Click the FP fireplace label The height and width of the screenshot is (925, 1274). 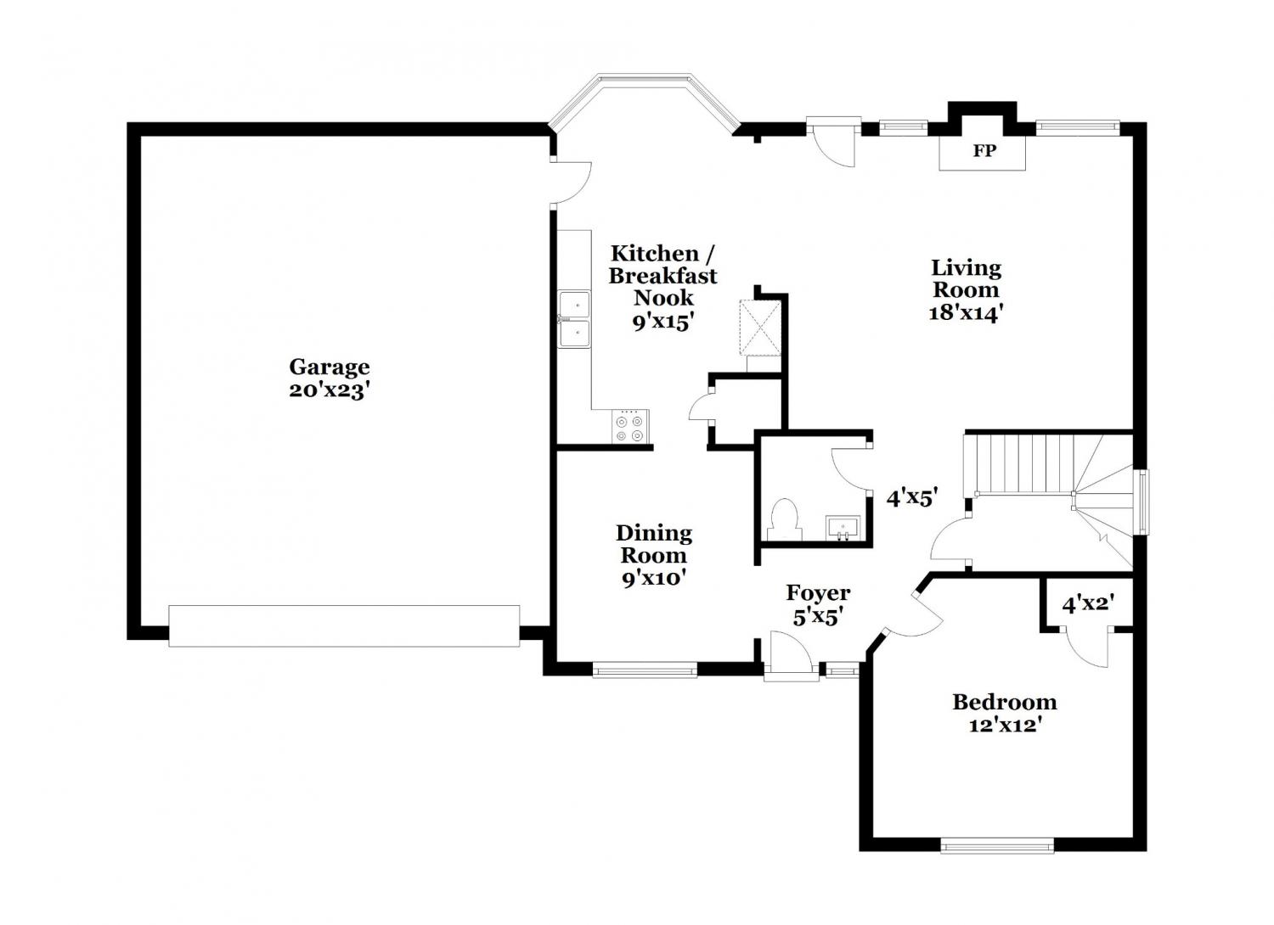[984, 151]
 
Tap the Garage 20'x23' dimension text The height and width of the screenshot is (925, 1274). [330, 391]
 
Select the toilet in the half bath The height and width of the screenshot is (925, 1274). [785, 519]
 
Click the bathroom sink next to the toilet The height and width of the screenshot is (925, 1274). [843, 528]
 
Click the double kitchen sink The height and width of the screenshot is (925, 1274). [574, 319]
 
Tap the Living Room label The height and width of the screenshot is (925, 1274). [966, 278]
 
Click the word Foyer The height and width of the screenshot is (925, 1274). [818, 593]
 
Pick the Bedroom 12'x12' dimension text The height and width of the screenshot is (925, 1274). [1005, 726]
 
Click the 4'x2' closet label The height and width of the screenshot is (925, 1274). [1087, 604]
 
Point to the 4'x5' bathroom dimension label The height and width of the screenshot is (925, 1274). [911, 499]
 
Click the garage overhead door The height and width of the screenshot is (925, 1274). [344, 625]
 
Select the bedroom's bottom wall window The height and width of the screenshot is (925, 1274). [997, 861]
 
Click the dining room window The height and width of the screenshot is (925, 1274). [645, 670]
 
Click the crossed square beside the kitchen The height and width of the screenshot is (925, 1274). [759, 328]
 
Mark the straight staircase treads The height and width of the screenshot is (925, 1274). [1017, 463]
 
